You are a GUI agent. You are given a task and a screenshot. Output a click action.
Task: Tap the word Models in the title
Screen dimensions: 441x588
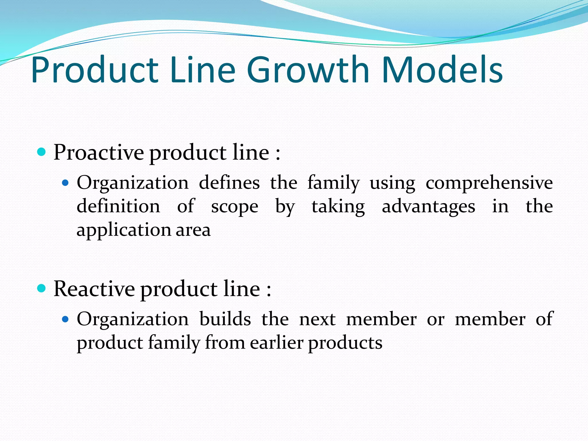tap(442, 70)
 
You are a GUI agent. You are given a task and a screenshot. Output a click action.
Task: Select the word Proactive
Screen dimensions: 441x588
tap(98, 152)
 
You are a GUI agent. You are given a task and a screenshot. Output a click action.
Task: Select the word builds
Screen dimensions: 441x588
tap(225, 319)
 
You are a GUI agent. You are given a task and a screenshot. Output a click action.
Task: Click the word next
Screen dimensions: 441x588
tap(317, 319)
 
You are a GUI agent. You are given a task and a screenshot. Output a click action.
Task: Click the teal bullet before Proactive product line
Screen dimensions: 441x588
tap(42, 152)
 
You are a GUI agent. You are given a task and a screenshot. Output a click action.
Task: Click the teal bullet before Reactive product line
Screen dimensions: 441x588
tap(42, 288)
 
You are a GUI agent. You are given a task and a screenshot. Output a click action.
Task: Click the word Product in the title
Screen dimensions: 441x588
tap(95, 70)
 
